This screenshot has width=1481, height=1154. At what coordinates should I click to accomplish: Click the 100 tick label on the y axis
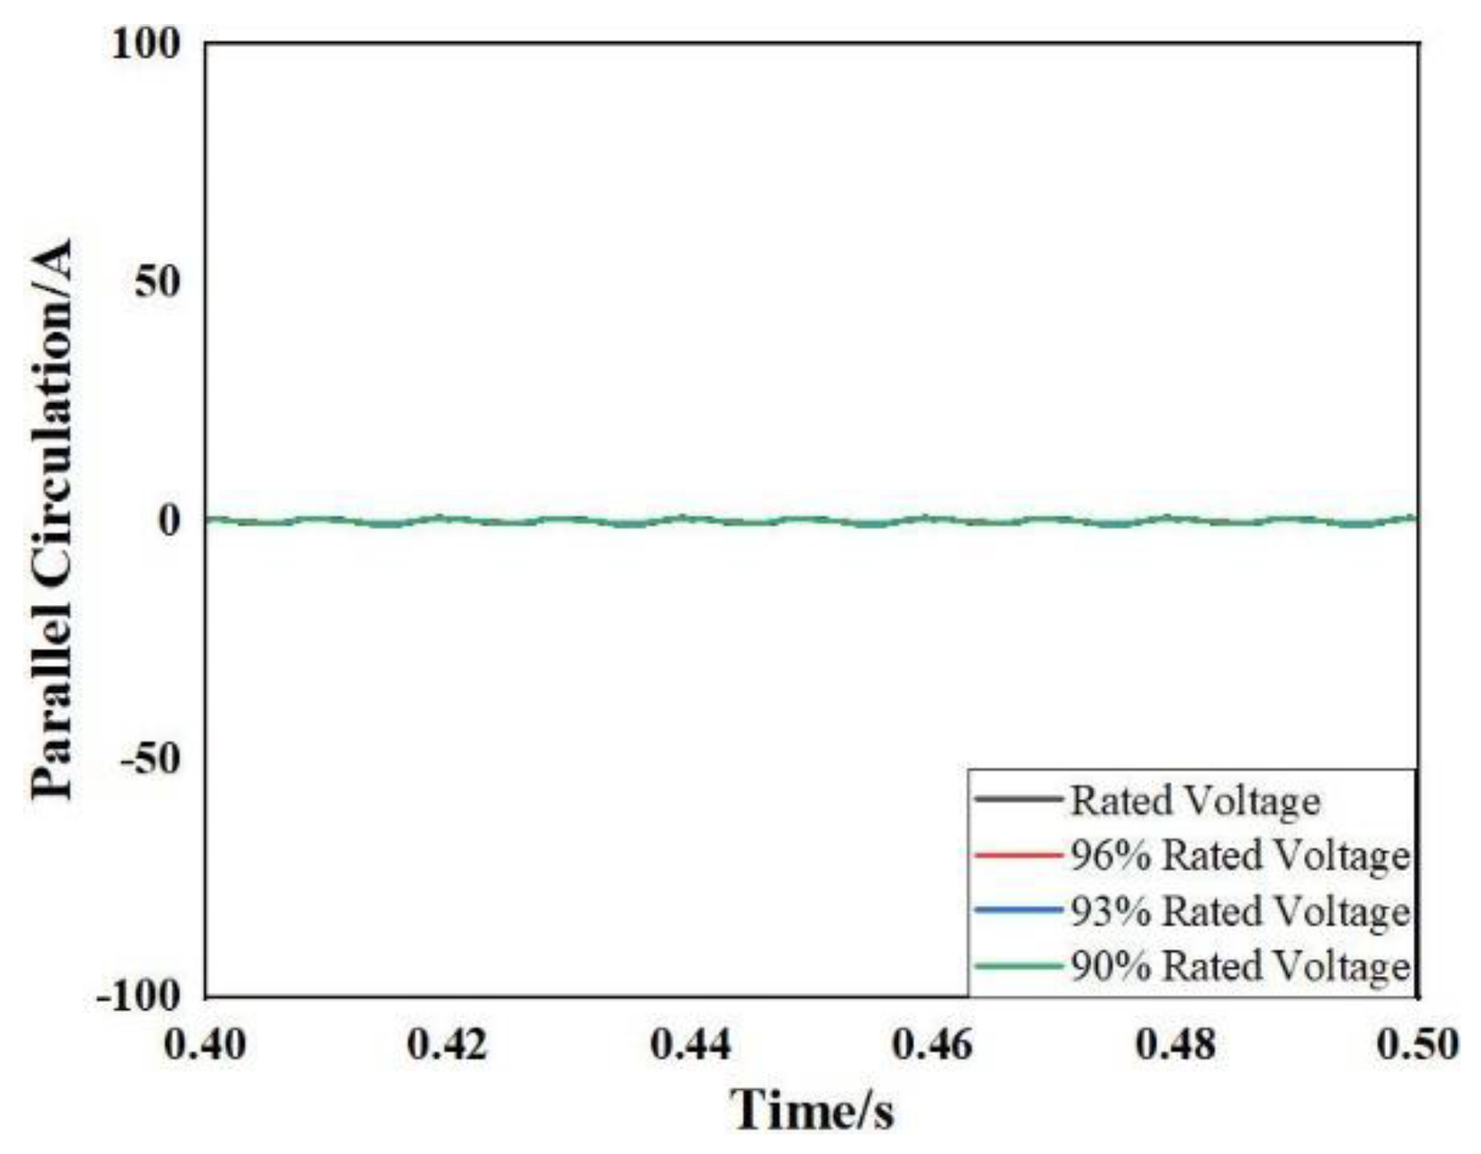(x=146, y=44)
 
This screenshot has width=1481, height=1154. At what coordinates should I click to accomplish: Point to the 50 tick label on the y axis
(x=158, y=283)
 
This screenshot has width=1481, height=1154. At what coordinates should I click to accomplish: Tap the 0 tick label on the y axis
(x=169, y=521)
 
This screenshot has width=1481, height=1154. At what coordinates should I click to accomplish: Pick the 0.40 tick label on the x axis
(x=206, y=1045)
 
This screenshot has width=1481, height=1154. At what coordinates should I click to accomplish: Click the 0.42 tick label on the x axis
(x=448, y=1045)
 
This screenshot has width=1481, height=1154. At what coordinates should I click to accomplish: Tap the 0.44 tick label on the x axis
(x=691, y=1045)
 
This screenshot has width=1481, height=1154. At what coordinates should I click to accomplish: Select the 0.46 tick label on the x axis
(x=933, y=1045)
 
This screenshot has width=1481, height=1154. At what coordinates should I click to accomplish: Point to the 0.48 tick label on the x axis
(x=1176, y=1045)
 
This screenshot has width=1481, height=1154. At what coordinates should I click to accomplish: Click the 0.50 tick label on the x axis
(x=1417, y=1045)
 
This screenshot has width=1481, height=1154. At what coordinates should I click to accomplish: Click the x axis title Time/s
(x=812, y=1110)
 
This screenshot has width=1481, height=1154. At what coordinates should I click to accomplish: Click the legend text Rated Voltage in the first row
(x=1194, y=801)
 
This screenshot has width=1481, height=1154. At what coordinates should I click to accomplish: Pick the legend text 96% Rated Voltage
(x=1240, y=856)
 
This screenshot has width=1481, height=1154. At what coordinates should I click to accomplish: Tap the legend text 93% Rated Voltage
(x=1240, y=911)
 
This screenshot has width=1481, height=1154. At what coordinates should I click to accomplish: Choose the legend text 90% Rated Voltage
(x=1240, y=966)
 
